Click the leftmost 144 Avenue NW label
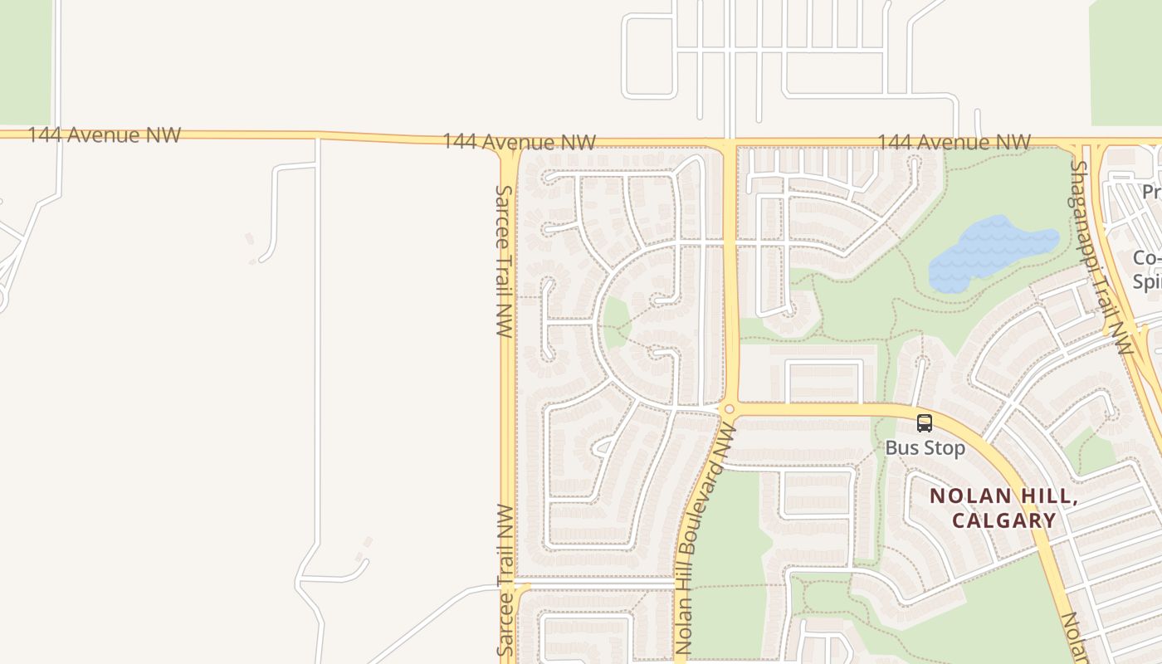click(104, 135)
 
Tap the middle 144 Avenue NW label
click(519, 142)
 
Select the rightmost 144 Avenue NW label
click(954, 143)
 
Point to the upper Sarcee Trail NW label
click(504, 261)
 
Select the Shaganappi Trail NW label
click(1101, 256)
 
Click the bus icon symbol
click(925, 423)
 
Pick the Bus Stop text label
click(925, 448)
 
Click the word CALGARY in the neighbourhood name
click(1003, 521)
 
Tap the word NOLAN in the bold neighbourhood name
click(971, 496)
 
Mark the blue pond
click(992, 251)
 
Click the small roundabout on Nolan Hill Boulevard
click(729, 408)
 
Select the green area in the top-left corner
click(25, 62)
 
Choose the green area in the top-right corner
click(1125, 62)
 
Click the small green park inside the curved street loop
click(615, 323)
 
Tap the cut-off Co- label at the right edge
click(1146, 259)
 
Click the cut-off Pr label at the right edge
click(1150, 193)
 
